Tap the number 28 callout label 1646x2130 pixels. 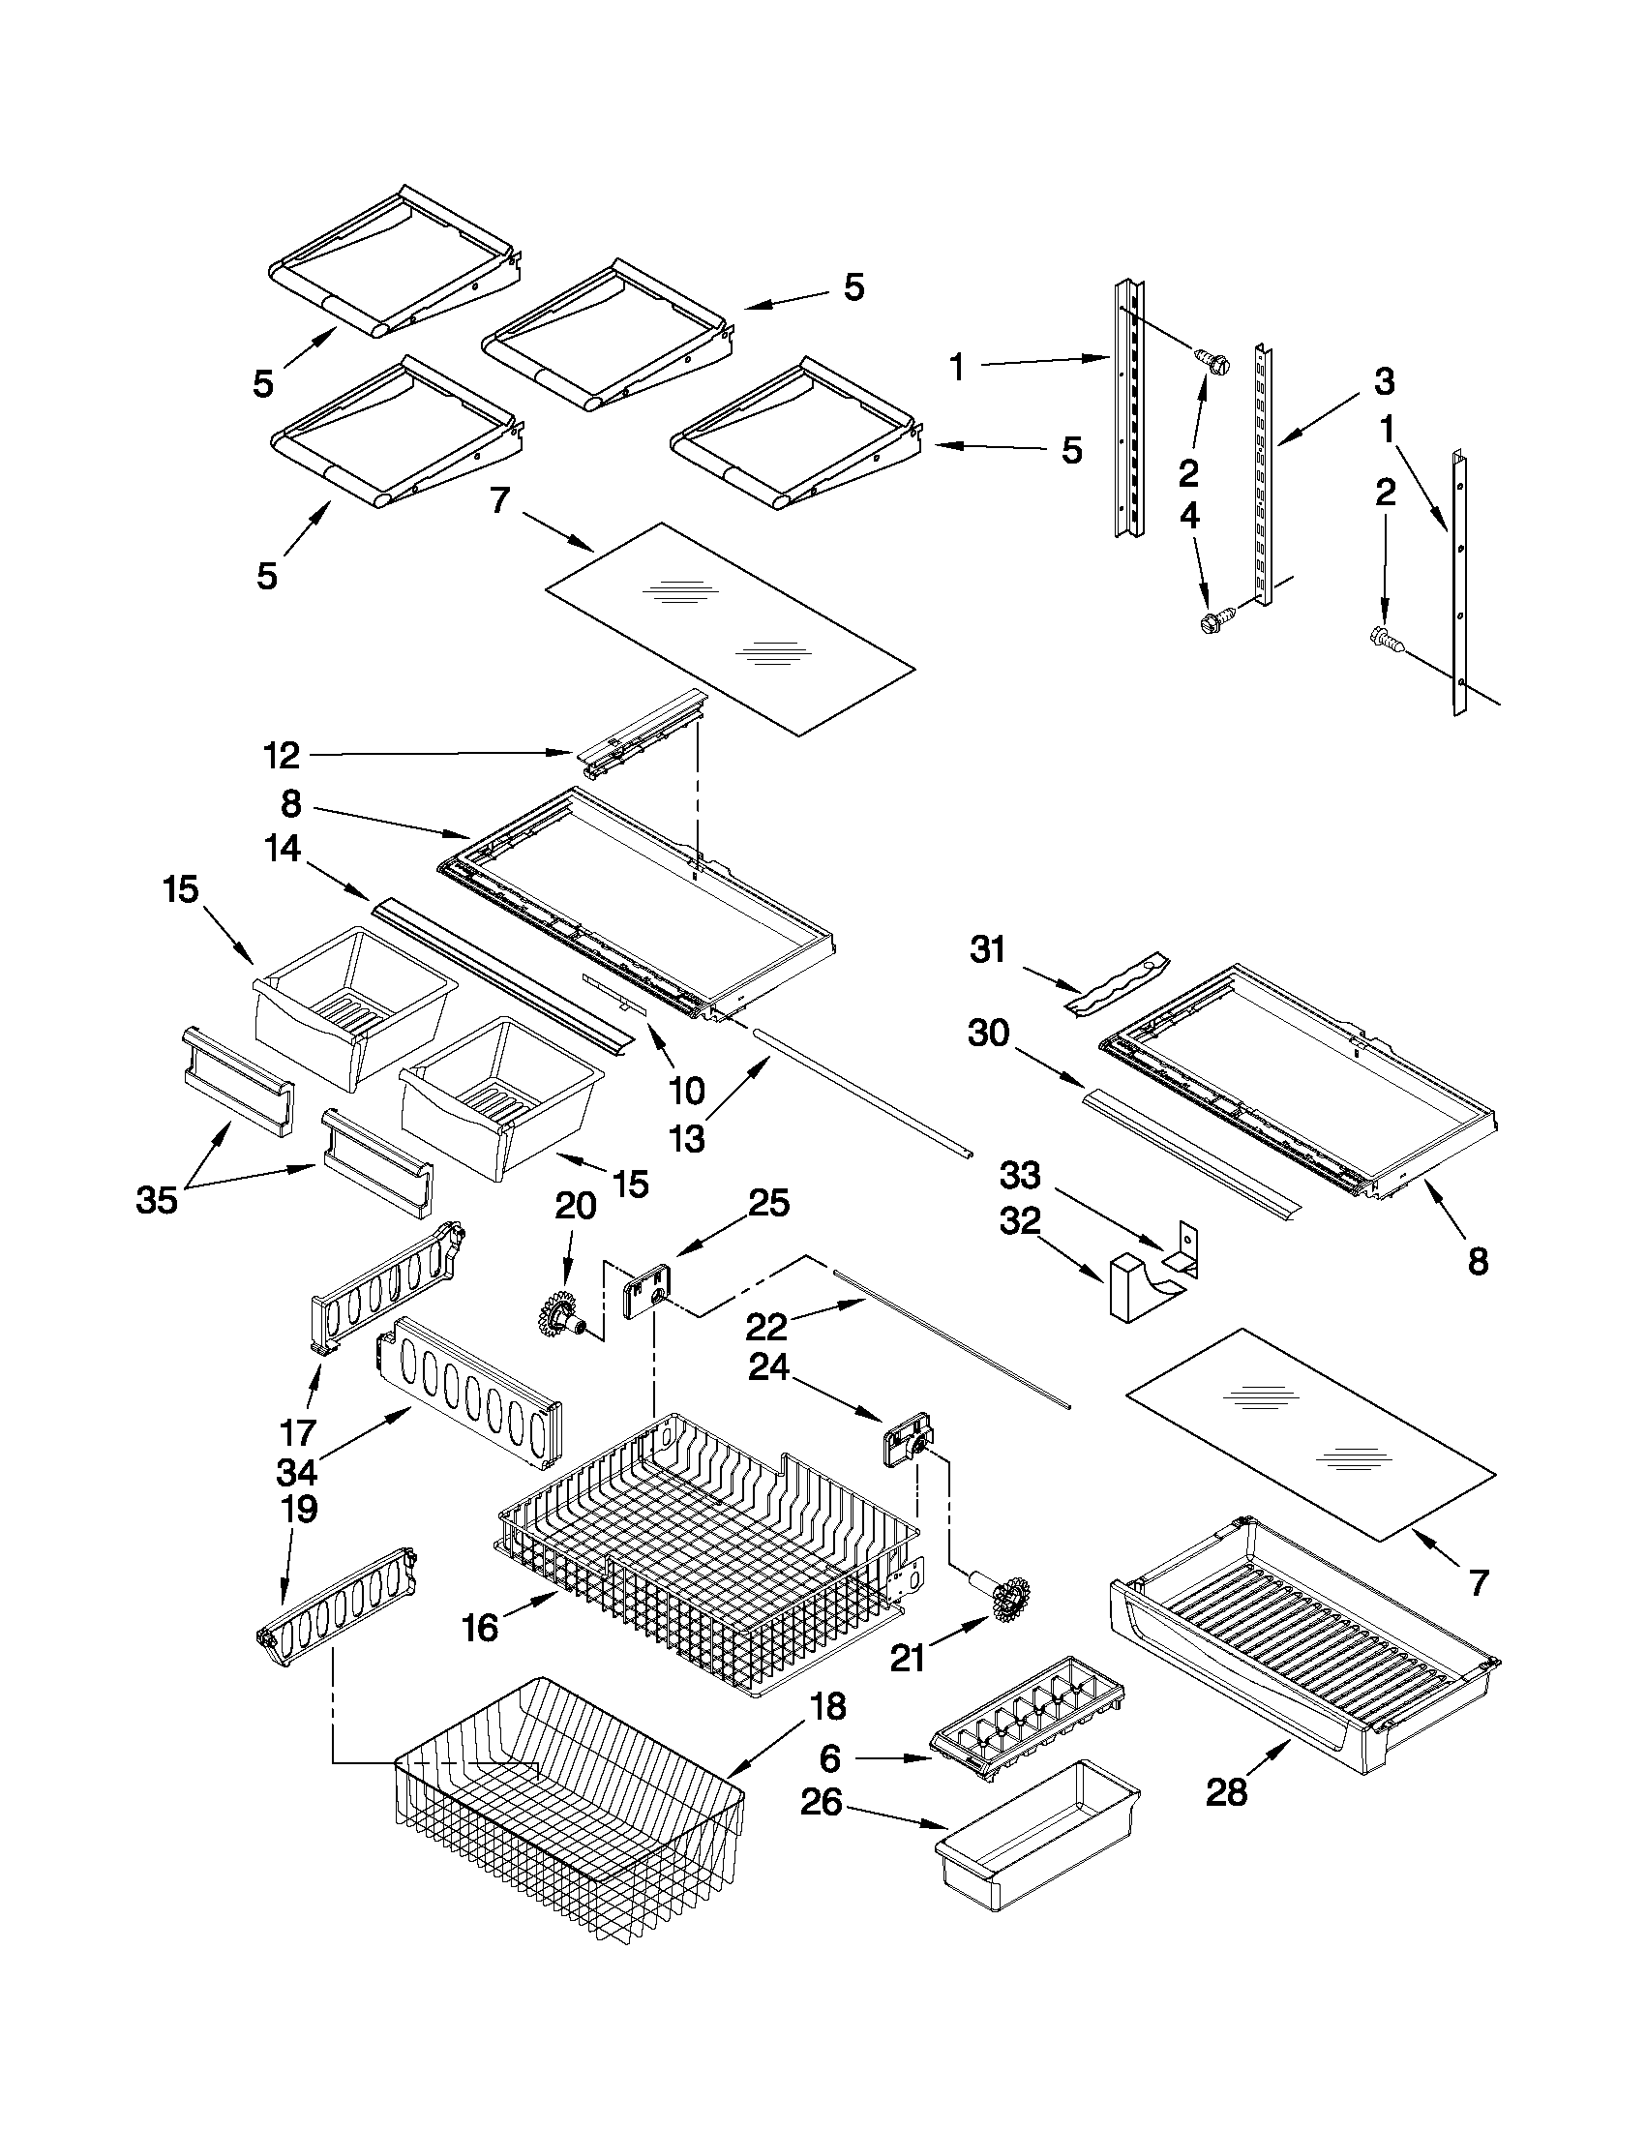1226,1791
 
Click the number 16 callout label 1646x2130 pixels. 481,1627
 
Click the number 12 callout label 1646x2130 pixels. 282,755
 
